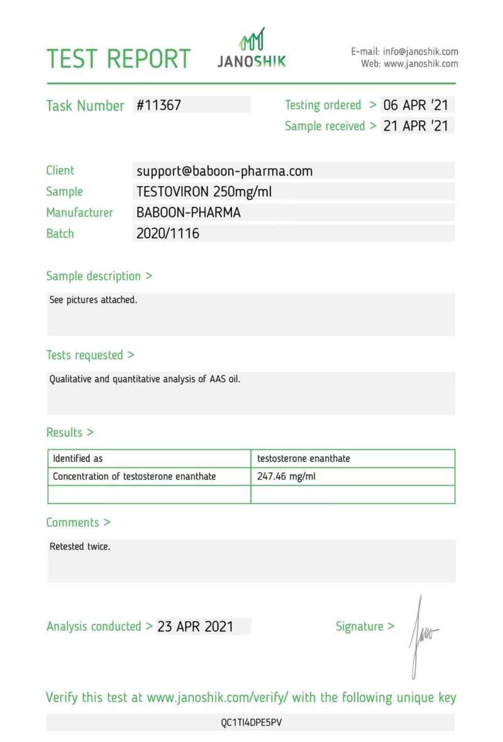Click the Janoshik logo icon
[x=251, y=40]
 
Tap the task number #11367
[x=159, y=106]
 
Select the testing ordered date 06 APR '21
[x=416, y=105]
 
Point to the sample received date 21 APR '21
[x=416, y=126]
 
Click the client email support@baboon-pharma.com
[x=224, y=171]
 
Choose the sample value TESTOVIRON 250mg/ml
[x=204, y=192]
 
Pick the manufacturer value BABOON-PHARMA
[x=188, y=213]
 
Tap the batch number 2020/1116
[x=168, y=234]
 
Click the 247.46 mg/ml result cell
[x=286, y=477]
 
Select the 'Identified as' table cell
[x=77, y=459]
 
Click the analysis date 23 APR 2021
[x=196, y=626]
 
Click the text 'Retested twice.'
[x=80, y=546]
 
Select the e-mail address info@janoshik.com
[x=420, y=52]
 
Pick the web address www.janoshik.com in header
[x=421, y=64]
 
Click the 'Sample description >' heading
[x=99, y=276]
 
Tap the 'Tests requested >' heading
[x=91, y=355]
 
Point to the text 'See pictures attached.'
[x=93, y=300]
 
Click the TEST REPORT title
[x=119, y=58]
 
